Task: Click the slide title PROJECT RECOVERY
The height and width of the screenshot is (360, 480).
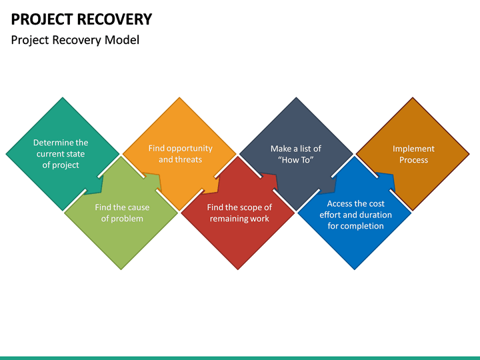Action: click(x=81, y=19)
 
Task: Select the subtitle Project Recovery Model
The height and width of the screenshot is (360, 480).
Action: click(x=75, y=40)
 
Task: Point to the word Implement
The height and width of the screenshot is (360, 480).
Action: click(x=413, y=149)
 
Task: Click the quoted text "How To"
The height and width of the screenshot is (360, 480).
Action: click(x=295, y=160)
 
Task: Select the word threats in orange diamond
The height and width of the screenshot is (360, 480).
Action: click(x=189, y=160)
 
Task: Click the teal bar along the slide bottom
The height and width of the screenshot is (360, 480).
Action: click(x=240, y=357)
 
